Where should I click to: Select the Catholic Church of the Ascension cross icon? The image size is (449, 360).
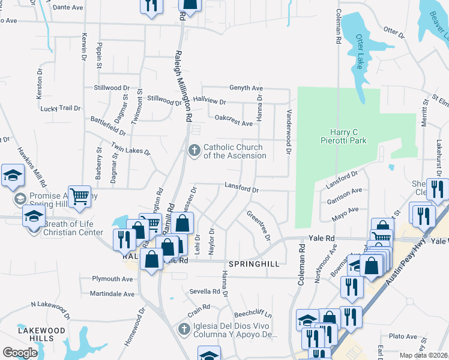pos(194,150)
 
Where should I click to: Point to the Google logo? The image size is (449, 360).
pos(20,352)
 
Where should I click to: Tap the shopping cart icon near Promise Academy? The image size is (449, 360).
pos(79,196)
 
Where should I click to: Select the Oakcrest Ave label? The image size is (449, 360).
pos(234,120)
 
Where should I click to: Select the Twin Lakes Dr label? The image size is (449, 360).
pos(130,149)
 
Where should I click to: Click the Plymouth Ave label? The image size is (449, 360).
pos(112,279)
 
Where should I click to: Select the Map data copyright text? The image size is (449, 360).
pos(422,355)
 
